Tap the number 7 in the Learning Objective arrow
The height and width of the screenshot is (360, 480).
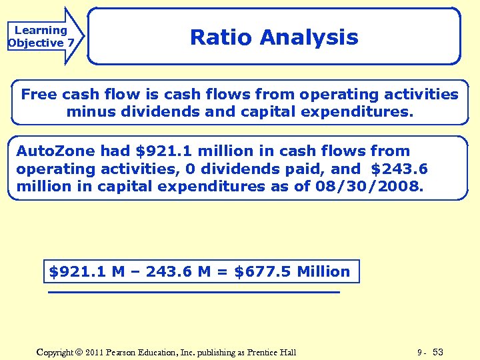[70, 43]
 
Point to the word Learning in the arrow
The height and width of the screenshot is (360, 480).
[41, 30]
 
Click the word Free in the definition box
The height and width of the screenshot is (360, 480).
[39, 95]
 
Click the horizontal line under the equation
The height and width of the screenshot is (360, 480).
[193, 292]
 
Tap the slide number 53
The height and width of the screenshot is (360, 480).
[438, 352]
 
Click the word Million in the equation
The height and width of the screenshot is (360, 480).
[323, 272]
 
